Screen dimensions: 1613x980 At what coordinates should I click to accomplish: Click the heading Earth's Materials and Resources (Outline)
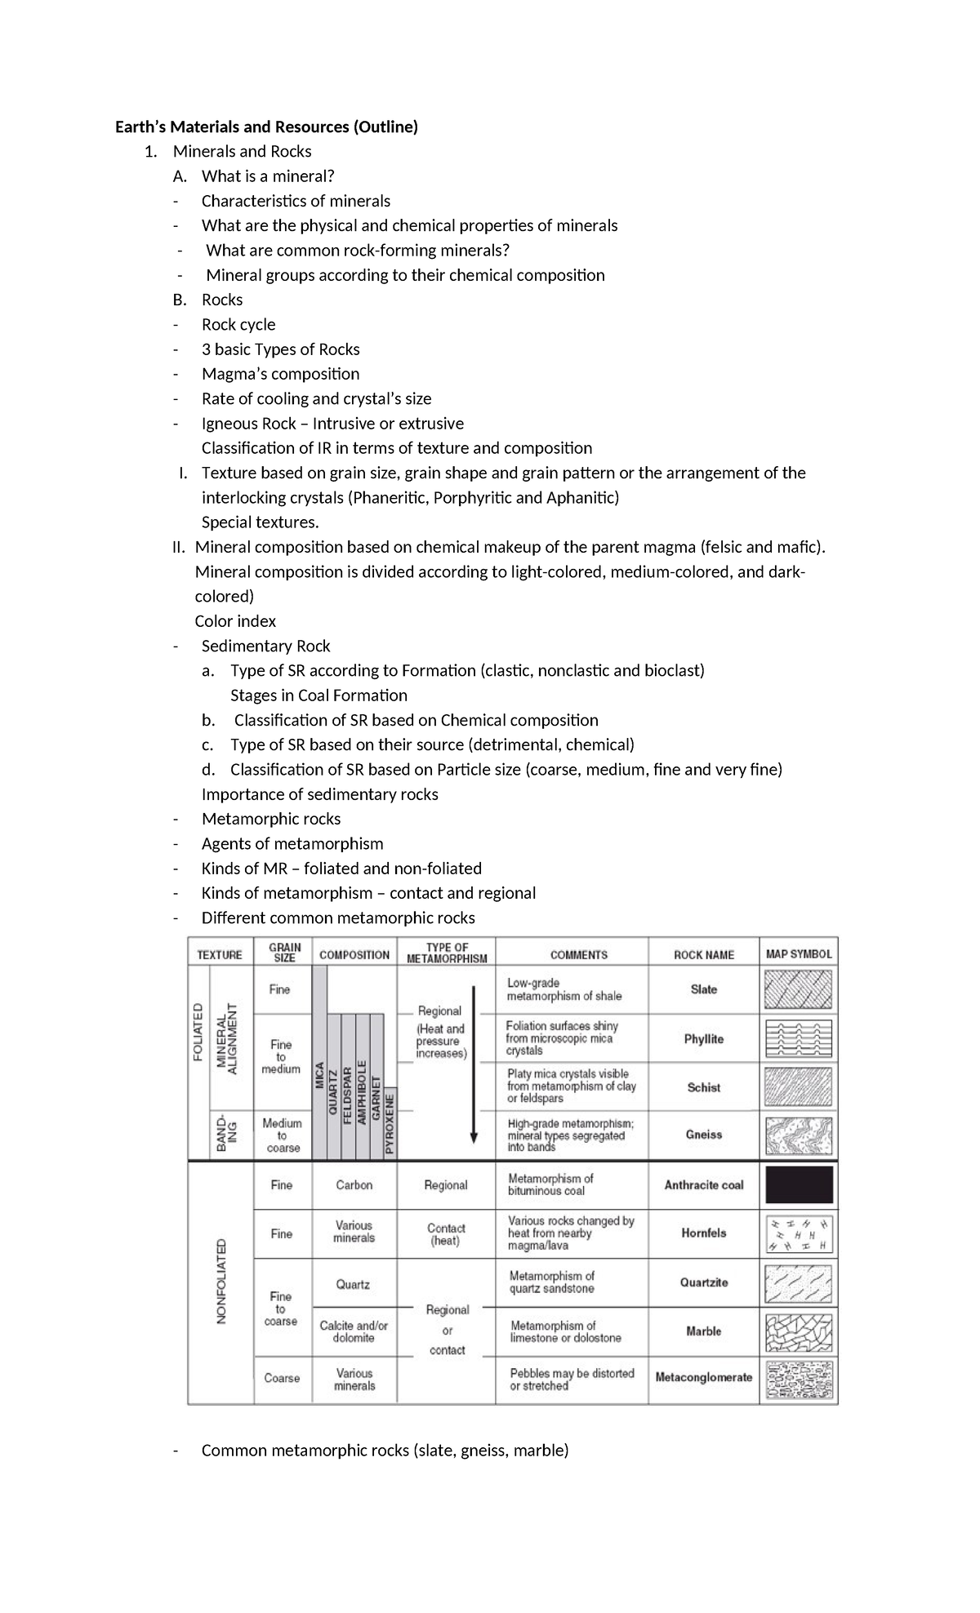[266, 127]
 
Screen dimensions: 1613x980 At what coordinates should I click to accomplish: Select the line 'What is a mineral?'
[268, 176]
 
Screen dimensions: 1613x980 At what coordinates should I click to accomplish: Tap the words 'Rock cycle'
[238, 325]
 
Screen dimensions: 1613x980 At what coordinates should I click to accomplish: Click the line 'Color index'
[235, 621]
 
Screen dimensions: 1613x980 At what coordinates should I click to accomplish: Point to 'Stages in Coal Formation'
[318, 695]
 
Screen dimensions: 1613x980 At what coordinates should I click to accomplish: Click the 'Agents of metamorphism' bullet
[292, 844]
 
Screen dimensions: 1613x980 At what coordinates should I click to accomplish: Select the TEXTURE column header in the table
[220, 954]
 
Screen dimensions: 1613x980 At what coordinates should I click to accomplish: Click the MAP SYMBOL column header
[798, 953]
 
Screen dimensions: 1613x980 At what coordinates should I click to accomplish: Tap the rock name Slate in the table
[703, 989]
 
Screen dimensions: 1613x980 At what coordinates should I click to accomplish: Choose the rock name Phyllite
[703, 1039]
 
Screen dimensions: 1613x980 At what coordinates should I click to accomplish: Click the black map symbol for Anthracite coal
[799, 1185]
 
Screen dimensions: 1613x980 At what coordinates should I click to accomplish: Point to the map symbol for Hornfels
[799, 1234]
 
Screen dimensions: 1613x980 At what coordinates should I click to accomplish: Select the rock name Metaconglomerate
[703, 1377]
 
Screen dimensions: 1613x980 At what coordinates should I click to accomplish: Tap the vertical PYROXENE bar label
[390, 1122]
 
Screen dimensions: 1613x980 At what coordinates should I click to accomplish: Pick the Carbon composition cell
[354, 1185]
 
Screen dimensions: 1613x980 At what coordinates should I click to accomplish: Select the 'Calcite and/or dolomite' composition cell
[354, 1331]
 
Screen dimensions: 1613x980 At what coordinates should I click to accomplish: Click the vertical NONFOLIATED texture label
[220, 1282]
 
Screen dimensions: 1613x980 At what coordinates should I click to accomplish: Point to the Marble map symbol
[799, 1331]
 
